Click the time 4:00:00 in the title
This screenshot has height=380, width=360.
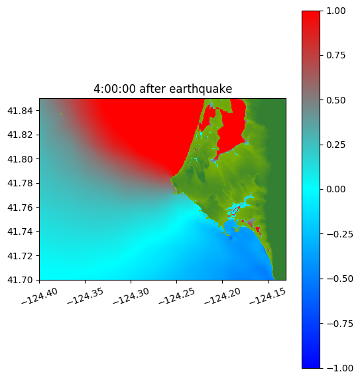click(114, 89)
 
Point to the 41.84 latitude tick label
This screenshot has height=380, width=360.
click(20, 111)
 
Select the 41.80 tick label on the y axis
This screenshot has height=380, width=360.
click(20, 159)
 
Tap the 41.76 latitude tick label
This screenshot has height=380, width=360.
click(20, 208)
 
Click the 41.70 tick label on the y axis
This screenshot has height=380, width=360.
click(20, 280)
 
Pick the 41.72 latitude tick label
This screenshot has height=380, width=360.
click(20, 256)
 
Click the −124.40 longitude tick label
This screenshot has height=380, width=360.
click(40, 296)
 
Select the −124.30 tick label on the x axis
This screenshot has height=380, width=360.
click(131, 296)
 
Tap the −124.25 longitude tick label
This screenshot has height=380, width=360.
click(176, 296)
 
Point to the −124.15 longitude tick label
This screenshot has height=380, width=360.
click(268, 296)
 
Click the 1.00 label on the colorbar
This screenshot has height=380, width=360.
click(335, 11)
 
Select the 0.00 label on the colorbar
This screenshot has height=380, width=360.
click(335, 189)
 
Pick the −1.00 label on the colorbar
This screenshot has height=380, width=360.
click(339, 368)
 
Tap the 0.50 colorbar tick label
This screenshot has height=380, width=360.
click(335, 100)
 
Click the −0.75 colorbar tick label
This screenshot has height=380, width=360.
click(339, 324)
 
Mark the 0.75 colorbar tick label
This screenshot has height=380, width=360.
click(335, 56)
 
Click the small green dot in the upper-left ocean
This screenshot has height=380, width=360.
click(62, 113)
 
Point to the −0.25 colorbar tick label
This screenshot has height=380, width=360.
click(339, 234)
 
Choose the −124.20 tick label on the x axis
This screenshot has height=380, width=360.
click(222, 296)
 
